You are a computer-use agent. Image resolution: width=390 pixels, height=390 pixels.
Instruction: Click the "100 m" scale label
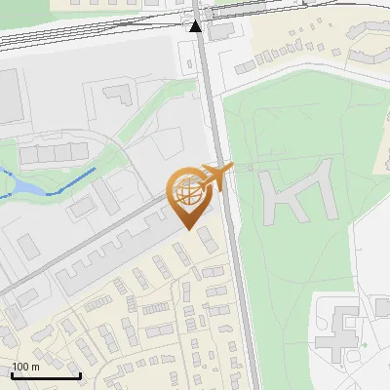pos(25,366)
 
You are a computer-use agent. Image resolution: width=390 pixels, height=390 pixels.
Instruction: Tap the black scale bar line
pos(46,375)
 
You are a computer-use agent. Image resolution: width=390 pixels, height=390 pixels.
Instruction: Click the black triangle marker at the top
pos(197,25)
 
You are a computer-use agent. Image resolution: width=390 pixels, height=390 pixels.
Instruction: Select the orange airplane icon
pos(215,176)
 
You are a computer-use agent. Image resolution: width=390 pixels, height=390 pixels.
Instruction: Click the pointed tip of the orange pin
pos(189,228)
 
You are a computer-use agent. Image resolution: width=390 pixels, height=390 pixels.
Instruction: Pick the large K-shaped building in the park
pos(294,194)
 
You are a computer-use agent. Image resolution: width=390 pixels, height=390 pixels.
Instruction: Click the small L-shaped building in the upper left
pos(117,94)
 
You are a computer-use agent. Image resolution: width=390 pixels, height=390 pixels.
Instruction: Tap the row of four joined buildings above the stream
pos(54,153)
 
